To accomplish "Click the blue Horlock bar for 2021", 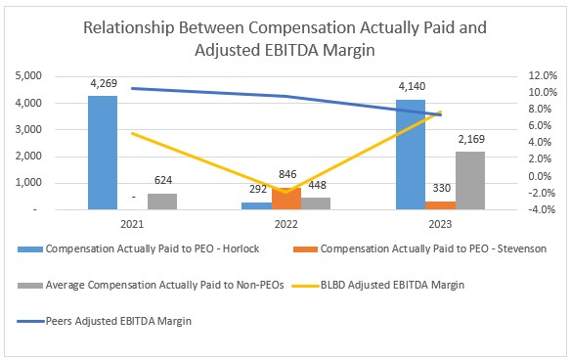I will click(x=102, y=153).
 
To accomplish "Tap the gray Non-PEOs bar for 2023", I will click(x=470, y=181).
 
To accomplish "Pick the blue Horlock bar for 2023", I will click(x=410, y=155).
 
